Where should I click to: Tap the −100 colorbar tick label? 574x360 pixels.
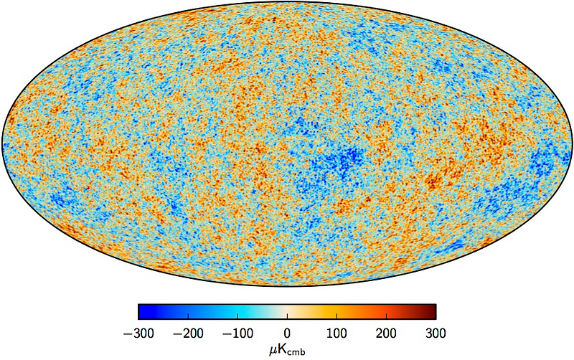click(237, 333)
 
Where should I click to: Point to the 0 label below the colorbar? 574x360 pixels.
click(287, 333)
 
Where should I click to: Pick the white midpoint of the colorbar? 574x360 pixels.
click(287, 311)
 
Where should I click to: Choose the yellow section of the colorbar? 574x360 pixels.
click(330, 311)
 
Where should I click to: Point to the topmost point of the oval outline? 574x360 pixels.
click(287, 2)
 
